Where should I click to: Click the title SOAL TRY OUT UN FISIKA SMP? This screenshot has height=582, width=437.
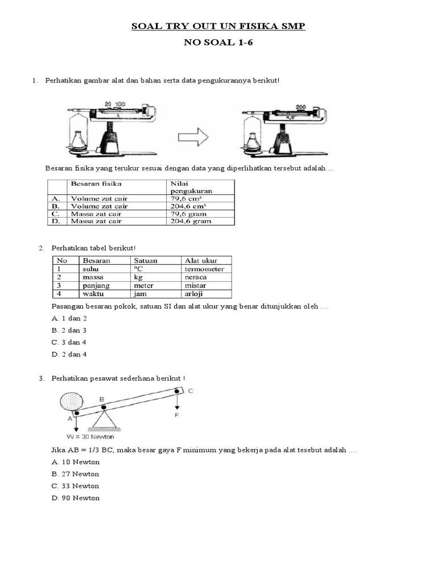[x=218, y=27]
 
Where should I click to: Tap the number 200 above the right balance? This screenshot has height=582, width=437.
[x=301, y=107]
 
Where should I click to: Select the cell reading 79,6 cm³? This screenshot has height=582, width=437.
[x=189, y=199]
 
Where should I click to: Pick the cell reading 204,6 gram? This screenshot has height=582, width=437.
[x=192, y=221]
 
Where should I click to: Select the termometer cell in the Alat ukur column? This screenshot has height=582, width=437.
[x=204, y=269]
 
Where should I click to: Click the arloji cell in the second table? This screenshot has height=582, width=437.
[x=195, y=294]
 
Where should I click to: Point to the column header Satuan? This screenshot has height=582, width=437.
[x=145, y=260]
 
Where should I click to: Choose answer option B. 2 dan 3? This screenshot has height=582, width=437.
[x=69, y=330]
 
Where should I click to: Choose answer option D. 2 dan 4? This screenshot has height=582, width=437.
[x=69, y=354]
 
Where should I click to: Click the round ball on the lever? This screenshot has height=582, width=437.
[x=71, y=404]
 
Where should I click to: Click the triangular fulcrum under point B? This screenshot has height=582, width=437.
[x=102, y=419]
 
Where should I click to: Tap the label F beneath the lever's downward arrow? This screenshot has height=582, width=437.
[x=177, y=415]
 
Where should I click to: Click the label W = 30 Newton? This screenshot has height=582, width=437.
[x=90, y=436]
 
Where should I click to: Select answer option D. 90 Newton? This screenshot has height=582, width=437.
[x=75, y=498]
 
